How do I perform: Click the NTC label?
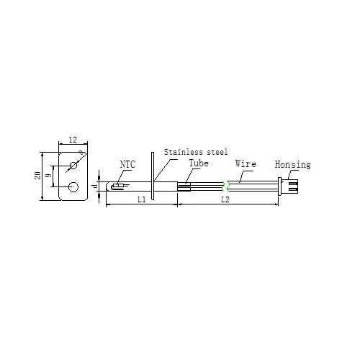click(127, 164)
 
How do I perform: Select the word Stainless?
click(184, 152)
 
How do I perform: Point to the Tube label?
click(199, 163)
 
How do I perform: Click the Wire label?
click(246, 163)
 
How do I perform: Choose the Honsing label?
click(292, 165)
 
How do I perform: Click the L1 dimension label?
click(142, 199)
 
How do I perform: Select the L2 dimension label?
click(225, 199)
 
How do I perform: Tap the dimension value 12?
click(73, 140)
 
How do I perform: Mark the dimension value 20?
click(37, 175)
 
